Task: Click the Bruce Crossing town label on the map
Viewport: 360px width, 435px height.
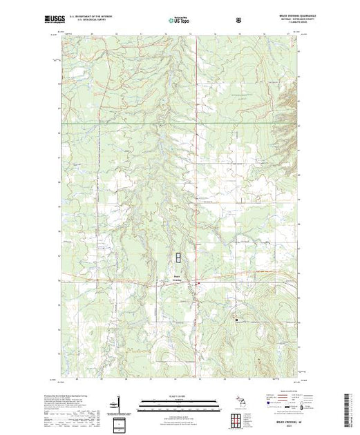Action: pos(178,278)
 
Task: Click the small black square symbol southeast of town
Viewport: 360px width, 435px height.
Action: pos(238,320)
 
